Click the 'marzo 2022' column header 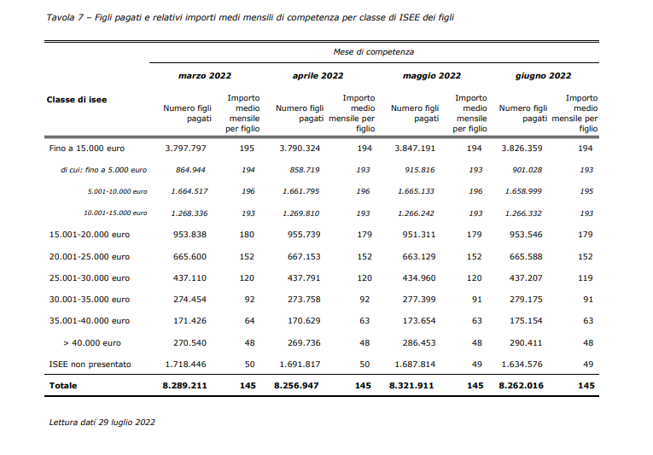pos(205,76)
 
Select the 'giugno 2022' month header pos(543,76)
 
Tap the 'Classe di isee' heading pos(77,100)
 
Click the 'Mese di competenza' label pos(374,52)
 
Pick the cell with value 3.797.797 pos(185,149)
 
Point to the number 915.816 pos(419,170)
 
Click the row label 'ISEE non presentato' pos(90,365)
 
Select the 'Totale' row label pos(63,386)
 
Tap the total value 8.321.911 pos(411,386)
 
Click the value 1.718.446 pos(185,365)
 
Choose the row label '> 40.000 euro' pos(92,343)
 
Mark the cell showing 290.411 pos(526,343)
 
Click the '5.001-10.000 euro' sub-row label pos(118,192)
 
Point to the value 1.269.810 pos(300,213)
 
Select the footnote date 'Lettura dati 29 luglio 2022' pos(102,422)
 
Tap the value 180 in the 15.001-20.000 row pos(247,235)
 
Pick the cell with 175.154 pos(526,321)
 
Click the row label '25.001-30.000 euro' pos(90,278)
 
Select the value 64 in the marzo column pos(249,321)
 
